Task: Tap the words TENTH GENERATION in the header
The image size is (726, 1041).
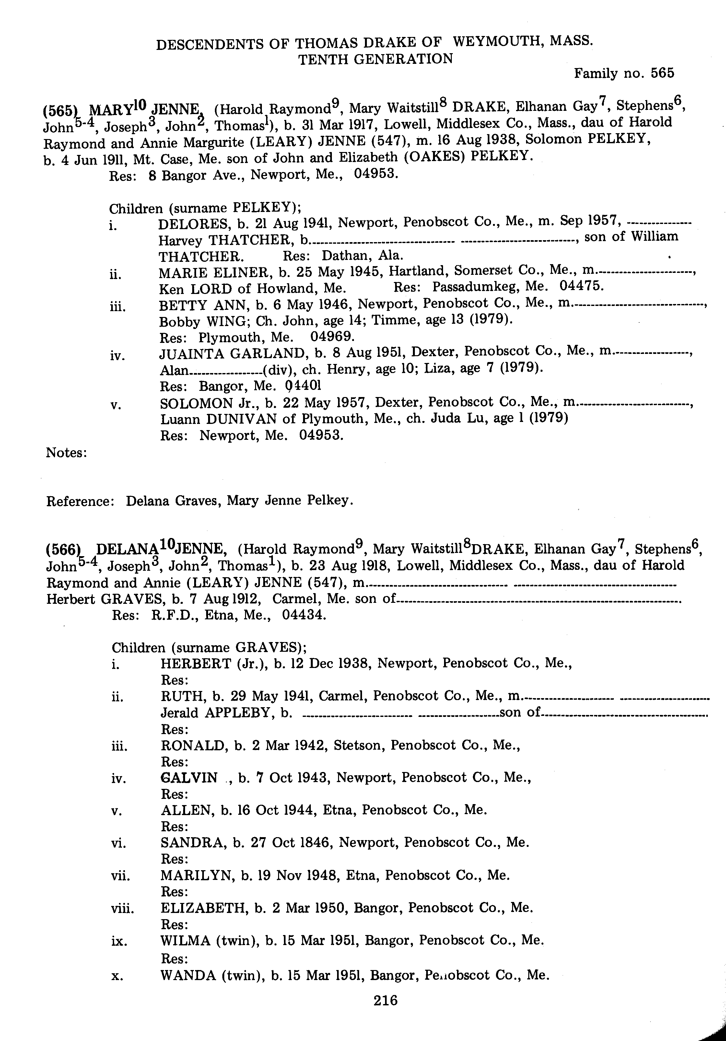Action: pyautogui.click(x=375, y=59)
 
